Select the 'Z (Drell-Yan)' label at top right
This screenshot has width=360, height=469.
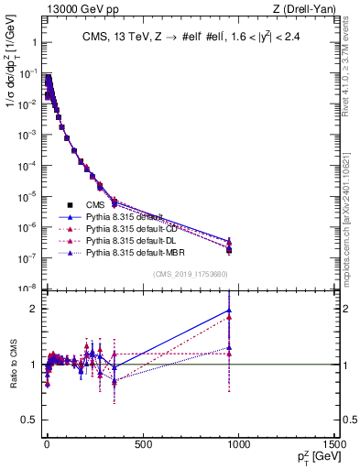point(309,8)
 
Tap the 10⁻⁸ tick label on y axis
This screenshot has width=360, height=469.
point(27,289)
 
